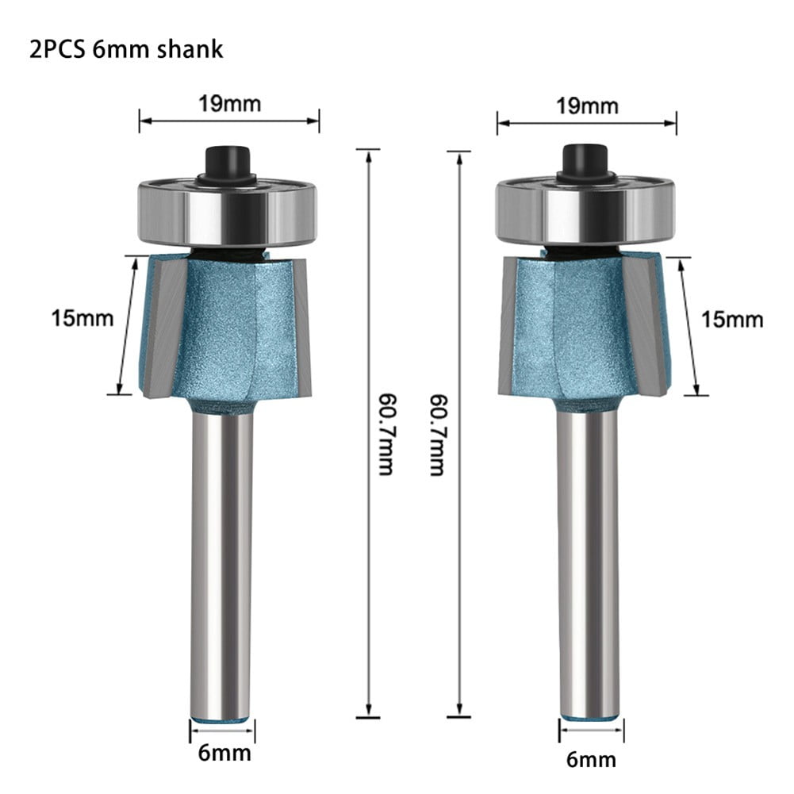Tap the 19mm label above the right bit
click(586, 105)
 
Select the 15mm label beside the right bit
click(731, 319)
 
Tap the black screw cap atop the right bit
click(585, 162)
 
